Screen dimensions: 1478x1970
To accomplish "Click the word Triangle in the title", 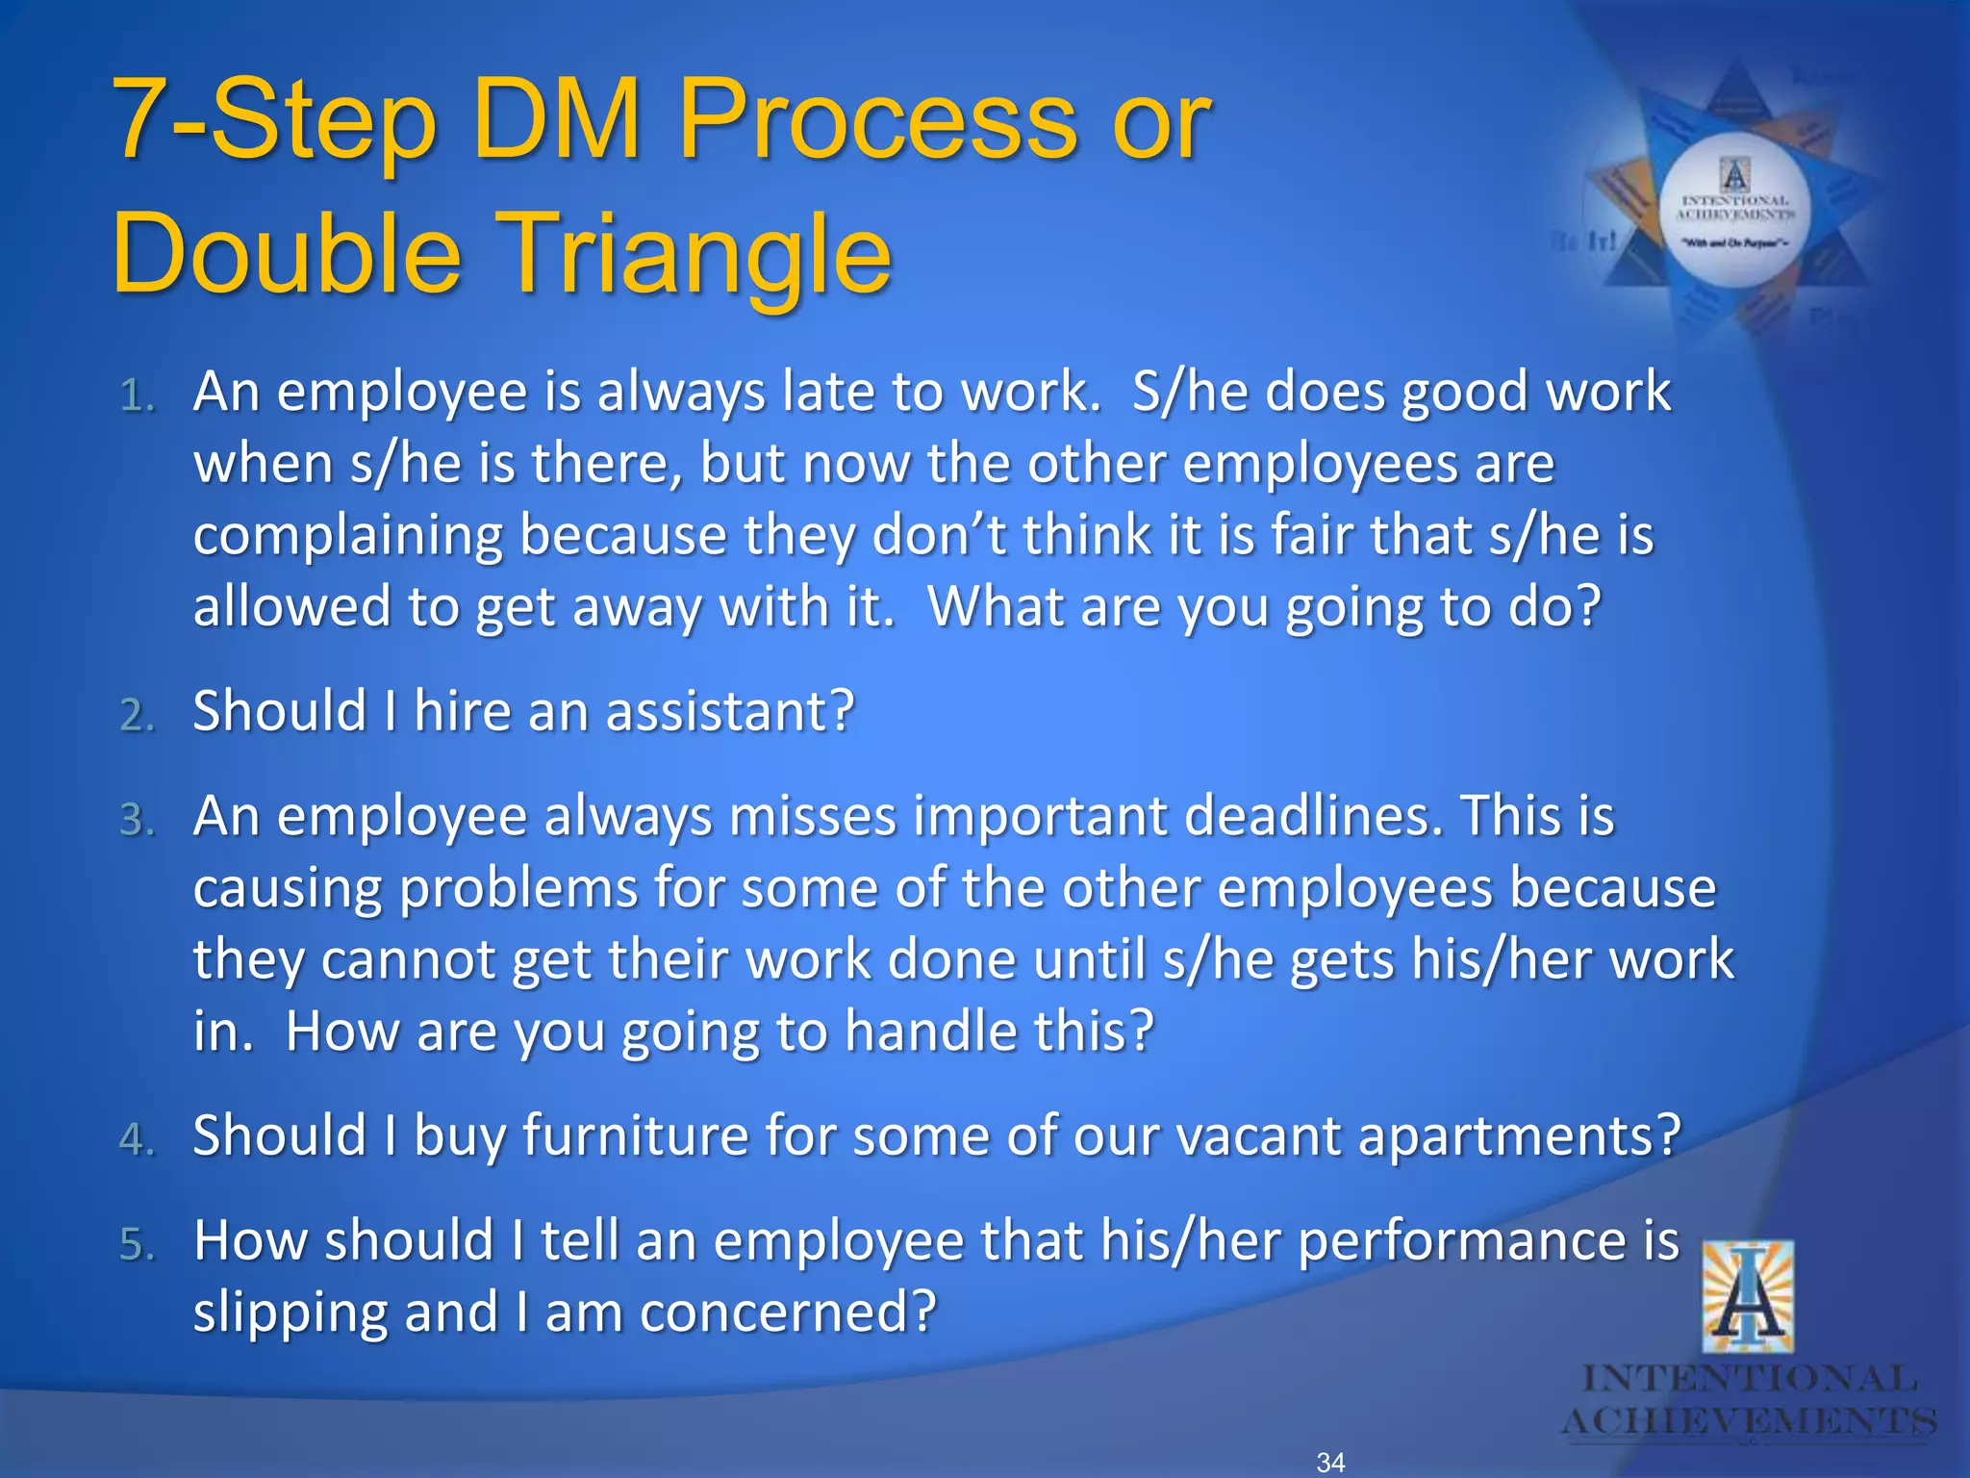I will pyautogui.click(x=695, y=255).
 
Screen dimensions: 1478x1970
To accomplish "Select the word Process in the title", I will pyautogui.click(x=877, y=120).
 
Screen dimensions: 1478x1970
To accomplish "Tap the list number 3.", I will pyautogui.click(x=137, y=821).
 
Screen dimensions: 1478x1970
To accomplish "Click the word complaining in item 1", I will pyautogui.click(x=347, y=537).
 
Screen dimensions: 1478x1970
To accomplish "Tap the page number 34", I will pyautogui.click(x=1330, y=1463).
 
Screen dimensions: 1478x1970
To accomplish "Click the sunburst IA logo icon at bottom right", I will pyautogui.click(x=1748, y=1296).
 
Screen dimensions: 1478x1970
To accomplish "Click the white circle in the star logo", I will pyautogui.click(x=1735, y=211).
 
